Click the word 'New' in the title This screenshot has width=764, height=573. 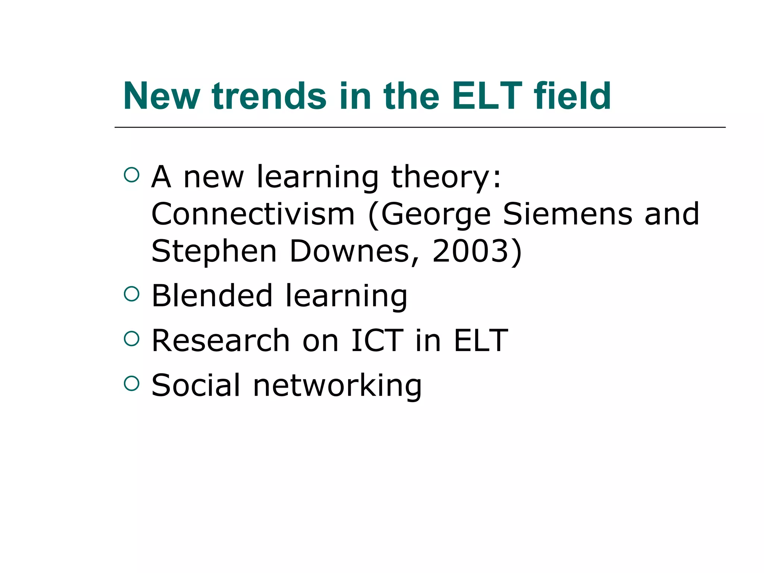[161, 96]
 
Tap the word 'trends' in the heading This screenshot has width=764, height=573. [269, 96]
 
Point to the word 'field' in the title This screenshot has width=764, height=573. [573, 96]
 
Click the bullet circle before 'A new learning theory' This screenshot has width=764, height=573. [131, 175]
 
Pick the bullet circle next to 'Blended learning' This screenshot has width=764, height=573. [131, 294]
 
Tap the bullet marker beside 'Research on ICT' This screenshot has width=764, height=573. [131, 338]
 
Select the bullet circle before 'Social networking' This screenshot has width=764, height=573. [131, 383]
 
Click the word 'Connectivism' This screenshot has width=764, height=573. [253, 214]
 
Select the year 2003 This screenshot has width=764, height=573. [470, 251]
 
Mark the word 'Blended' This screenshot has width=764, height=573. [212, 296]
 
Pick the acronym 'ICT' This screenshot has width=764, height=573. [377, 341]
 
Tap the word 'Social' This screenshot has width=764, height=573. [196, 385]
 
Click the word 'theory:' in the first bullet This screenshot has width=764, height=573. [446, 178]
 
